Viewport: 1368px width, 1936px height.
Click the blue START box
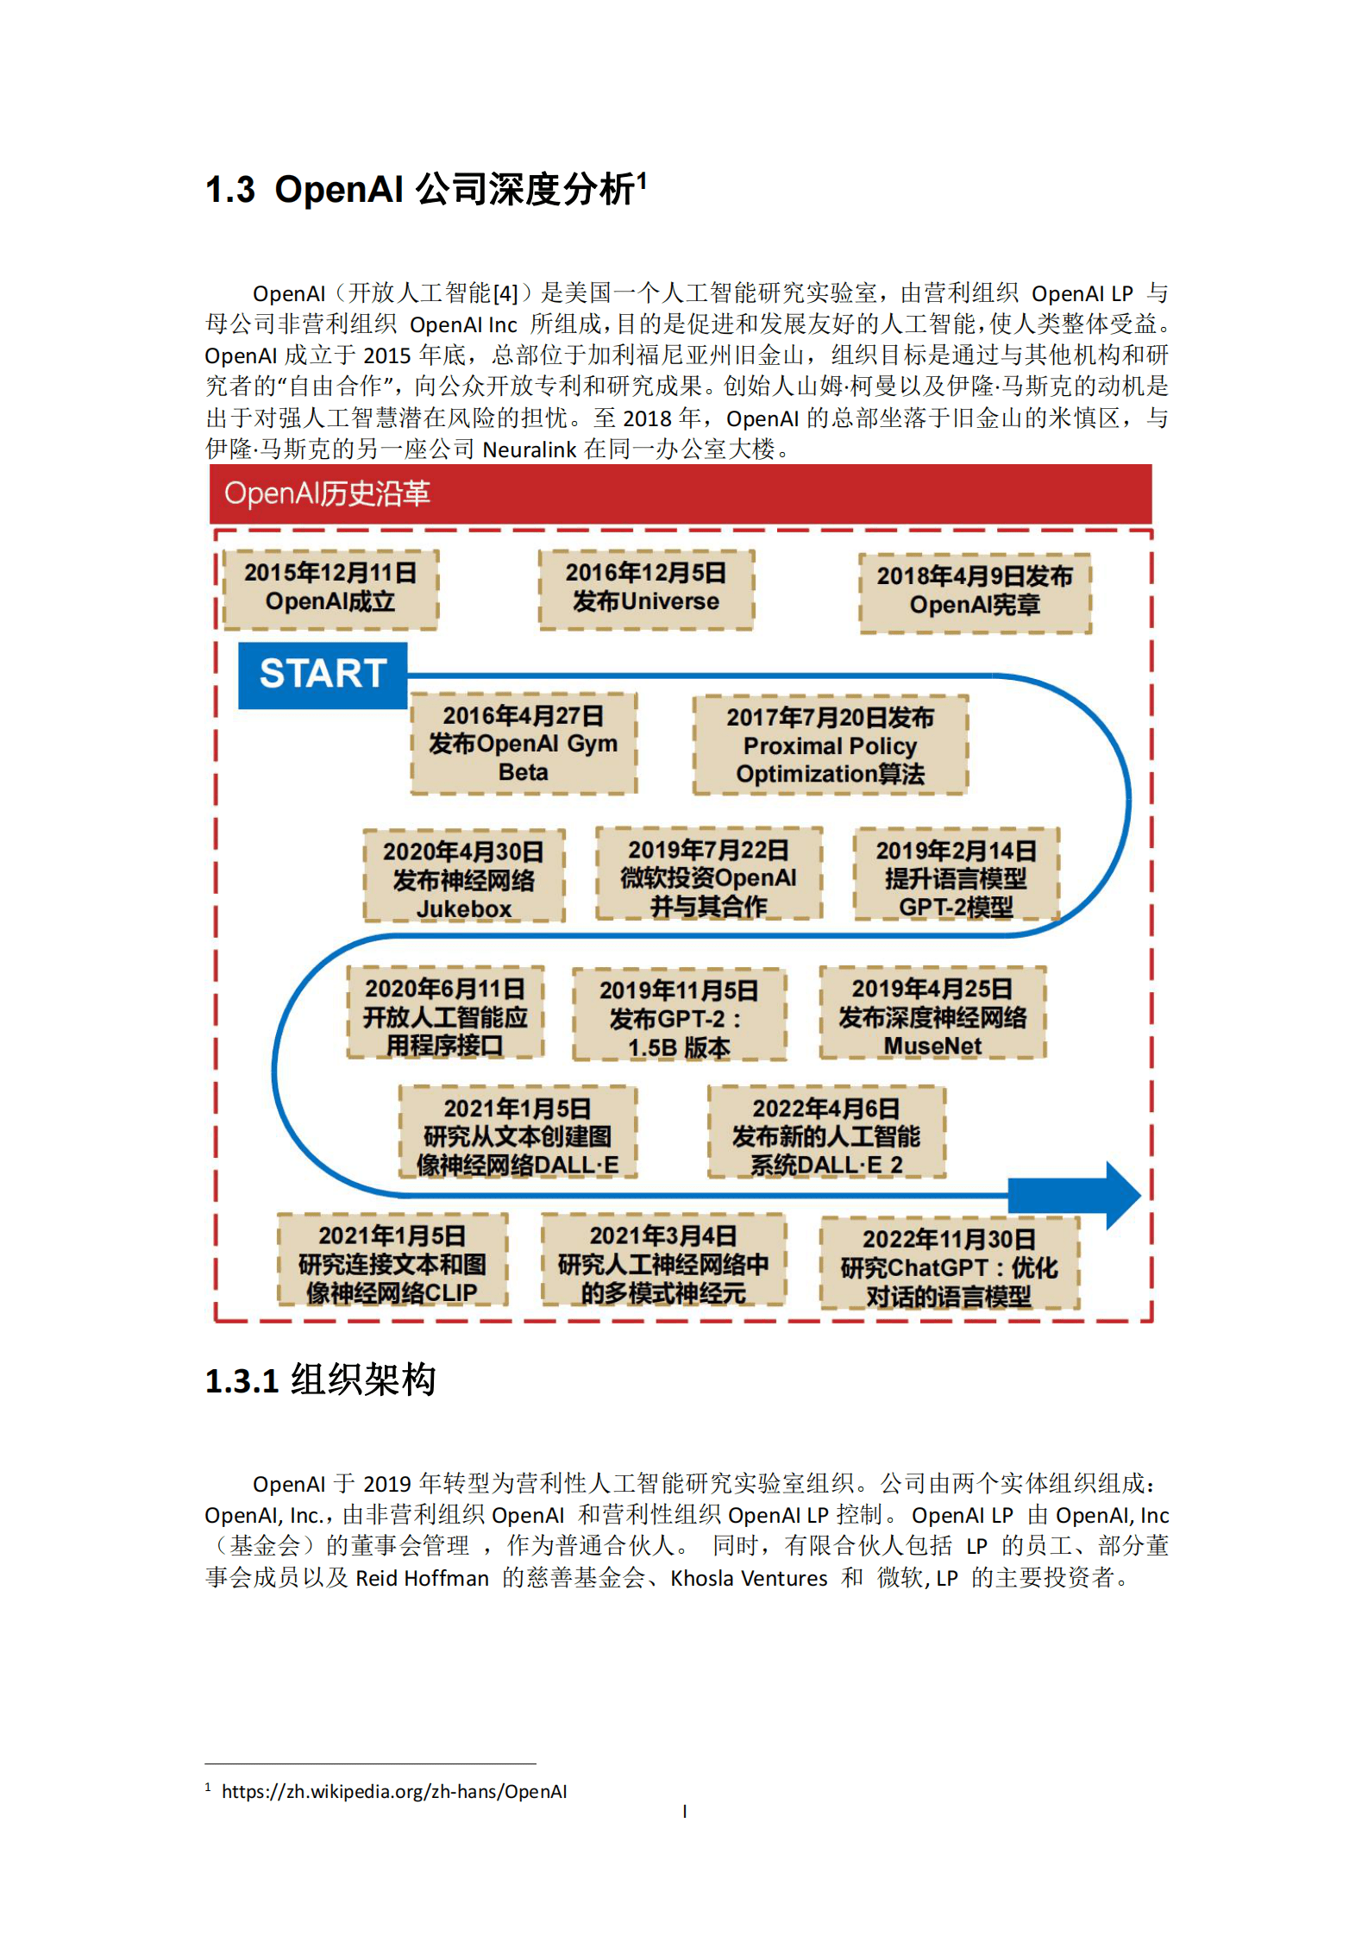coord(322,675)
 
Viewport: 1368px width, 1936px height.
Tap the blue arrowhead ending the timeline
coord(1121,1195)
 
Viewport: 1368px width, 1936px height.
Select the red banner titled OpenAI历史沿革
coord(680,493)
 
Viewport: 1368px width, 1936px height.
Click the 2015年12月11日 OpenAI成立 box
coord(330,588)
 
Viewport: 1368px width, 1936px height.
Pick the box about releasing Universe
coord(646,588)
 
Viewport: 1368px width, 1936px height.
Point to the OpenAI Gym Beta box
coord(523,744)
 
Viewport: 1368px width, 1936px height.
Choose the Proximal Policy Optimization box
coord(830,745)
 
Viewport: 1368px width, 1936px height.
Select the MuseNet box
coord(932,1016)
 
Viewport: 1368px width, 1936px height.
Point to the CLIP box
coord(392,1264)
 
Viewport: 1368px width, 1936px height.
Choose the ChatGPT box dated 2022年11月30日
coord(949,1267)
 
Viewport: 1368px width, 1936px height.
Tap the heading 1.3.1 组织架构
coord(320,1380)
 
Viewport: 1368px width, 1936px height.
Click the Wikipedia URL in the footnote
coord(394,1791)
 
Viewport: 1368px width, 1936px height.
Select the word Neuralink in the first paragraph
coord(529,449)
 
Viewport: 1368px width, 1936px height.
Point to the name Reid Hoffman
coord(423,1578)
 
